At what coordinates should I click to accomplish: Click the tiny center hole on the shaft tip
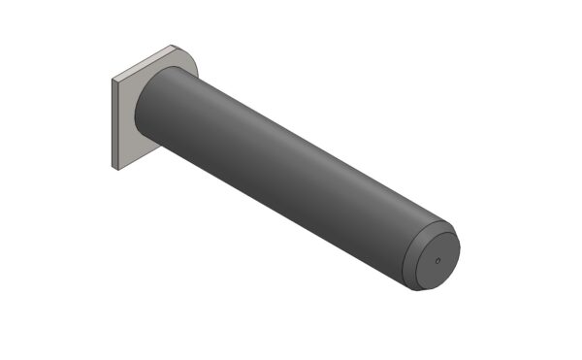point(436,259)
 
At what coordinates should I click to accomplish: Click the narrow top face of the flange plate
point(145,61)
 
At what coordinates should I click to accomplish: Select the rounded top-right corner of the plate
point(189,54)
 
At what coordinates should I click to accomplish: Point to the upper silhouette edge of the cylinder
point(310,146)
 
